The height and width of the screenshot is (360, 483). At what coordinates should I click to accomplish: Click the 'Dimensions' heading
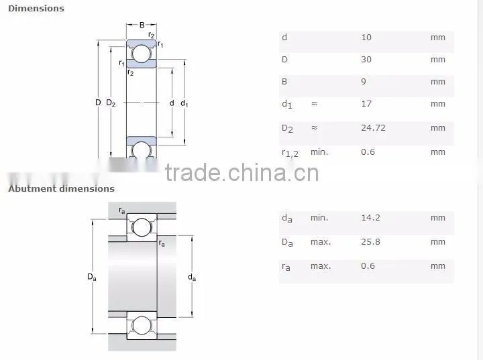click(x=36, y=8)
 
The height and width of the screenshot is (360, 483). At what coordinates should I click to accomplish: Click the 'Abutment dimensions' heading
click(x=61, y=188)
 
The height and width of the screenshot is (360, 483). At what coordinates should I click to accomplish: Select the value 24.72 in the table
click(x=373, y=127)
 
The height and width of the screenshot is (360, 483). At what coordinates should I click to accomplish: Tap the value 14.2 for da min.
click(x=370, y=217)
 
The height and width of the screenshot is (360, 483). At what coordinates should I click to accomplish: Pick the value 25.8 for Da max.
click(x=370, y=242)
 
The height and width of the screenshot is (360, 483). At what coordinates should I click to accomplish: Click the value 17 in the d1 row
click(x=366, y=103)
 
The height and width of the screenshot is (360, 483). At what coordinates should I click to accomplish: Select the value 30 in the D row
click(x=366, y=59)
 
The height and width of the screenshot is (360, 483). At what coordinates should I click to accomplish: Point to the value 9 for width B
click(x=364, y=81)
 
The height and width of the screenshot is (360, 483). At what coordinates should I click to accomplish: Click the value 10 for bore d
click(x=366, y=38)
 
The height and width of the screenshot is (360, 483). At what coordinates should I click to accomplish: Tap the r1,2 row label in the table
click(x=290, y=153)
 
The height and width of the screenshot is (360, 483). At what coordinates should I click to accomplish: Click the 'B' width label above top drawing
click(x=142, y=25)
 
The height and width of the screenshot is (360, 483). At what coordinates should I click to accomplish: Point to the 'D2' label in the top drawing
click(x=111, y=103)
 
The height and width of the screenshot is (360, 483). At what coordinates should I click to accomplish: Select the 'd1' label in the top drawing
click(x=184, y=103)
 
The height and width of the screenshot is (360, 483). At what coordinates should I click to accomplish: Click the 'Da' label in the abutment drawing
click(x=92, y=277)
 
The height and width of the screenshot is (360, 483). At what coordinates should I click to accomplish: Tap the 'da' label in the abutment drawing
click(x=192, y=277)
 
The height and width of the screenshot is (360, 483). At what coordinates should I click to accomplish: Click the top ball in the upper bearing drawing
click(x=142, y=54)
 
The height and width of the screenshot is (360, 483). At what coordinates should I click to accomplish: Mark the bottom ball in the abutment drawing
click(x=142, y=326)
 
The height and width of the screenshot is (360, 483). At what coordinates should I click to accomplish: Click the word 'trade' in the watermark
click(x=193, y=172)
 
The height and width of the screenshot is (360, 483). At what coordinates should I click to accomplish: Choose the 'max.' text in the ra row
click(x=321, y=265)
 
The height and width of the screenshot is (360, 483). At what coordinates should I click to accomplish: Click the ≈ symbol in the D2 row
click(x=314, y=127)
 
